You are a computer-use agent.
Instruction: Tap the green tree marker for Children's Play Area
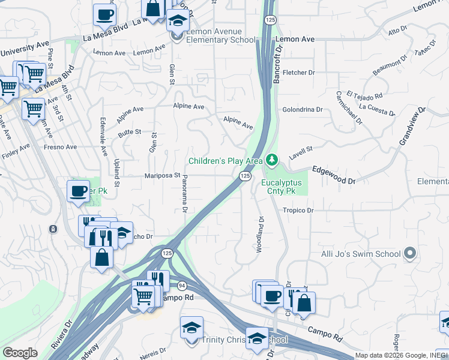click(273, 159)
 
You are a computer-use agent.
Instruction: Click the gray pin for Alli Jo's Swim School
click(410, 253)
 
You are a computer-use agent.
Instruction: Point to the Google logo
click(19, 353)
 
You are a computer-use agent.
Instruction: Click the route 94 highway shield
click(182, 286)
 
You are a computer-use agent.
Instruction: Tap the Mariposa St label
click(162, 175)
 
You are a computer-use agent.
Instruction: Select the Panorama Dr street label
click(185, 193)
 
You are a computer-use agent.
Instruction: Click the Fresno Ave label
click(60, 146)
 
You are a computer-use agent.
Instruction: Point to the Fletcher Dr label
click(299, 73)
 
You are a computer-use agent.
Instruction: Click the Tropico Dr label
click(298, 211)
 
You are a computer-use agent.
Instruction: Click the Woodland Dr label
click(261, 235)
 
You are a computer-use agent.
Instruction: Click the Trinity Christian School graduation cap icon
click(191, 328)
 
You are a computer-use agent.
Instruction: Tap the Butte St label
click(130, 131)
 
